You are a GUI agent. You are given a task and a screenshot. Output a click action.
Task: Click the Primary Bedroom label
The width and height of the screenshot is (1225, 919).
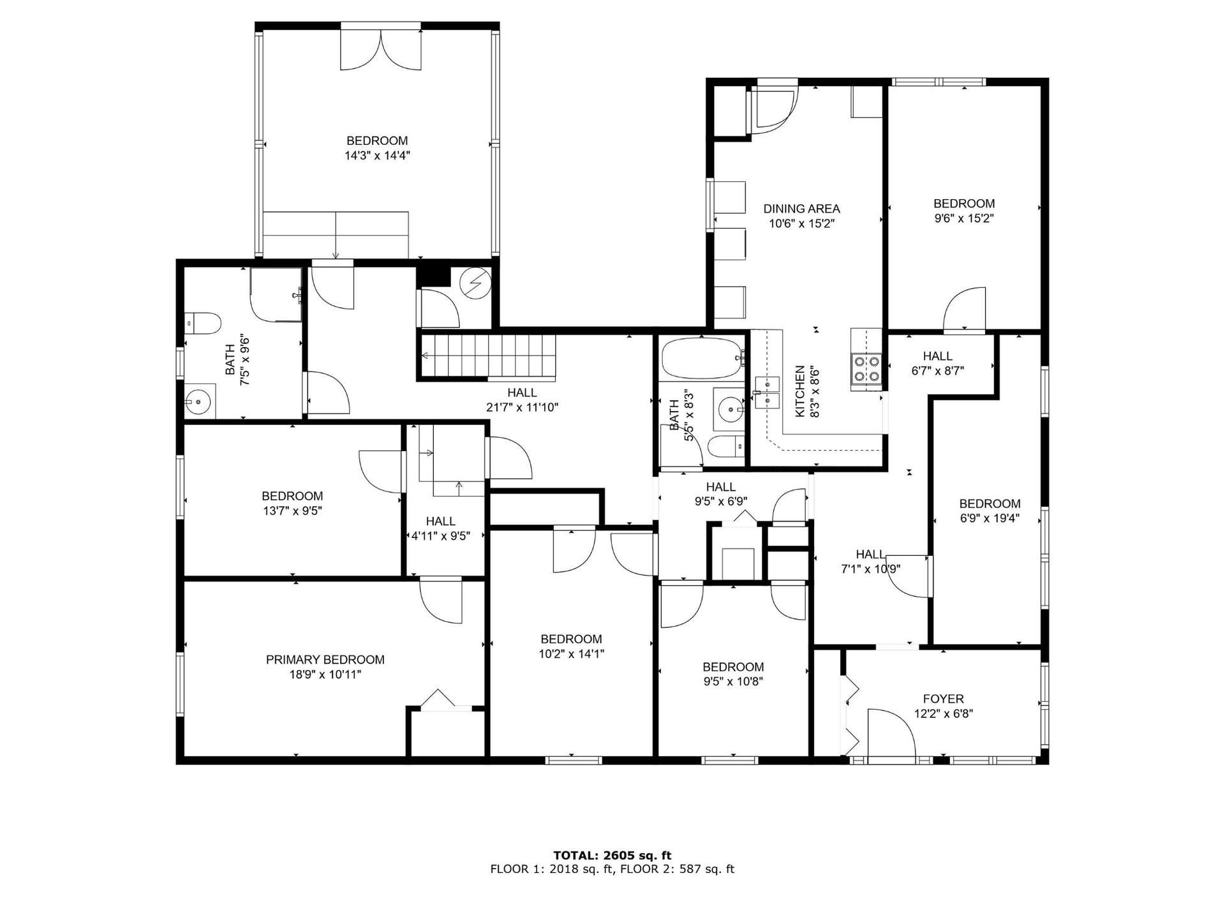[x=325, y=659]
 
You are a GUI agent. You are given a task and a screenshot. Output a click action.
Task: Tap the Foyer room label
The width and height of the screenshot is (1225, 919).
[x=943, y=699]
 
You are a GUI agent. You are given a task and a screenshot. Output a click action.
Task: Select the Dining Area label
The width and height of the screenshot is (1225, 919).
[x=801, y=209]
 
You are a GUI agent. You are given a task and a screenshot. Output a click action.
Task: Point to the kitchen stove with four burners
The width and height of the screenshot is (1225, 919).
[x=866, y=368]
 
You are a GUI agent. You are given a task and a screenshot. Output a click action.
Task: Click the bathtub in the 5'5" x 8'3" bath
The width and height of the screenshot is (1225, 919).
[x=701, y=358]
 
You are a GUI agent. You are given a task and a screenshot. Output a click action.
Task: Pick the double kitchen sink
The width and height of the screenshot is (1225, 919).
[x=766, y=392]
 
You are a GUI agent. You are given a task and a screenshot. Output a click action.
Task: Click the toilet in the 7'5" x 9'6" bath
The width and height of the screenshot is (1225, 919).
[x=203, y=323]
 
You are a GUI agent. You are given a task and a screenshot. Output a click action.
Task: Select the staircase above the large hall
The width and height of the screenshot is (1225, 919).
[x=488, y=356]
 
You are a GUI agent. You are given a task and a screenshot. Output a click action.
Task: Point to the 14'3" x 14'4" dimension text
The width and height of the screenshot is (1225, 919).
[x=377, y=155]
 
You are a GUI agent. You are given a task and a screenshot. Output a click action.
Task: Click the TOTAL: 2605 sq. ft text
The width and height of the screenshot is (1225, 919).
[x=612, y=855]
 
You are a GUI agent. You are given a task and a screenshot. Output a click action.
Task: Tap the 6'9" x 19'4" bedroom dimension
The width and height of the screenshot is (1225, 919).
[x=990, y=518]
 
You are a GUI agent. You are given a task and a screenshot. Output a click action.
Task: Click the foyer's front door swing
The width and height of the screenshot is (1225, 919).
[x=891, y=733]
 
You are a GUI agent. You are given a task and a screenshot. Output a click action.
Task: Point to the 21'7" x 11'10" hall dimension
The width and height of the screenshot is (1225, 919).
[x=522, y=407]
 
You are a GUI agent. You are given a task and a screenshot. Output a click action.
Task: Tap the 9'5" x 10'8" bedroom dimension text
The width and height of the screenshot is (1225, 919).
[x=732, y=681]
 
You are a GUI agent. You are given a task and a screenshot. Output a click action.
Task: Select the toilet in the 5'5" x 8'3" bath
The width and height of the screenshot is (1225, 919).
[x=726, y=446]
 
